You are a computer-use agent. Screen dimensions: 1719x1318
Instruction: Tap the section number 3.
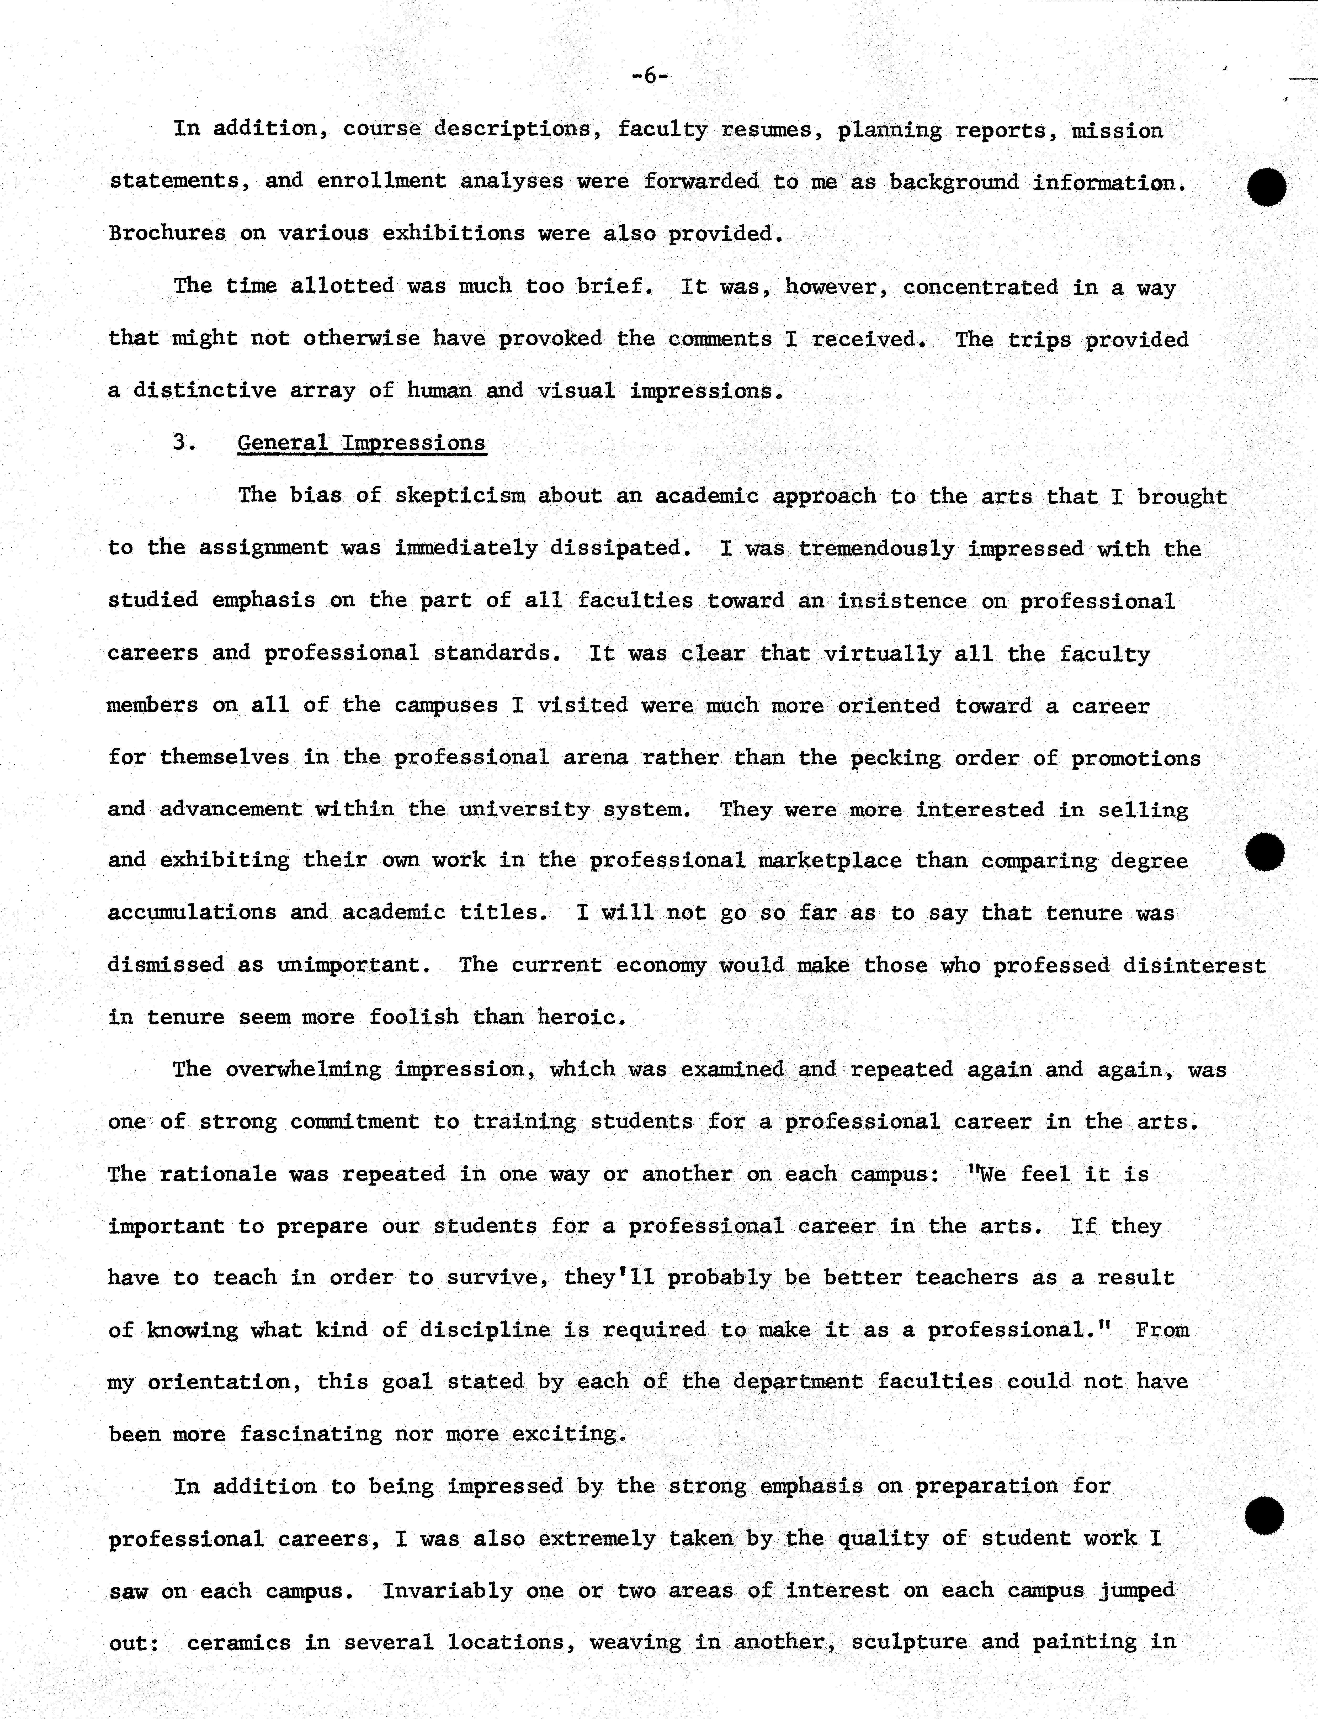click(x=184, y=443)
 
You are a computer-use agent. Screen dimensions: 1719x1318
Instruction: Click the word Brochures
click(x=167, y=234)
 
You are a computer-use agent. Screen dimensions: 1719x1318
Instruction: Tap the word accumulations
click(x=192, y=912)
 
